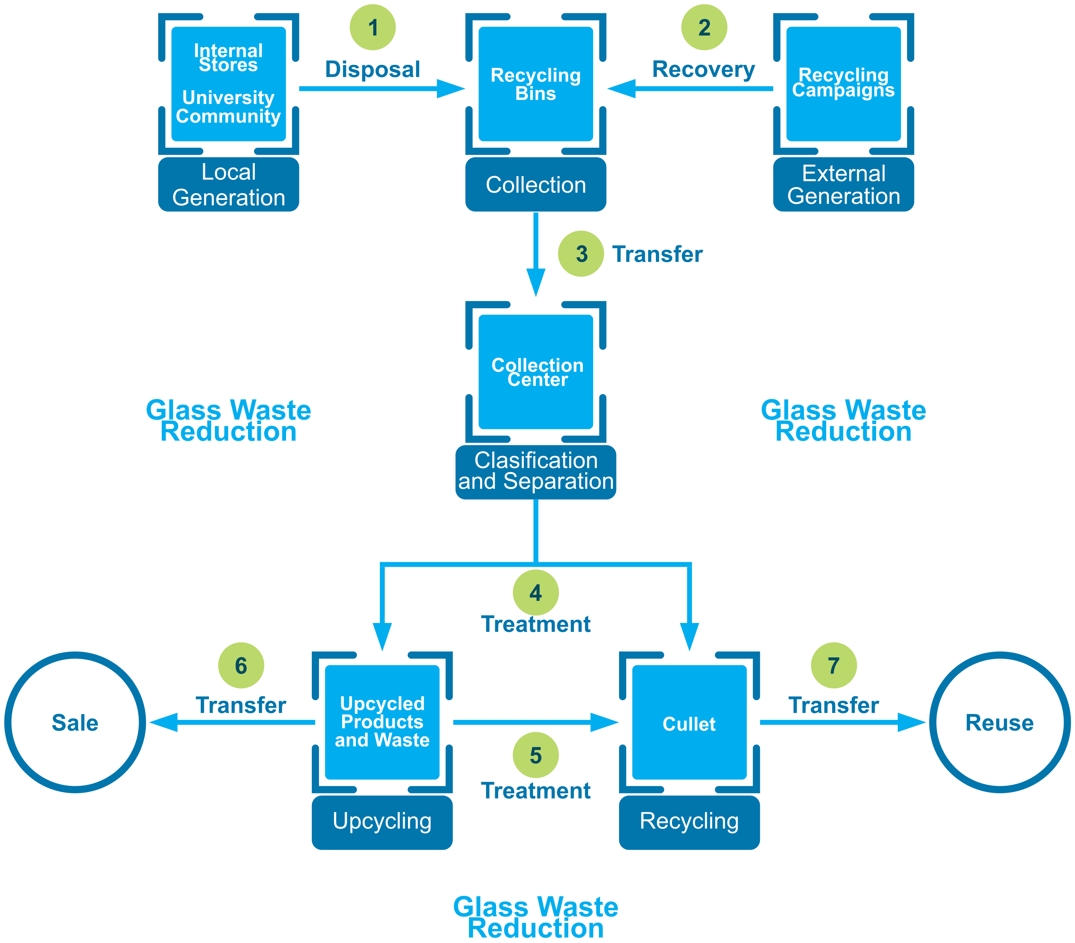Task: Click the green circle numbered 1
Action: click(x=372, y=27)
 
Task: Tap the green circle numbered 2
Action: click(x=704, y=27)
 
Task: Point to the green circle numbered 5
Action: click(x=536, y=755)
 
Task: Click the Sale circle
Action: click(x=75, y=722)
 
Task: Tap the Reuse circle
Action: click(x=999, y=722)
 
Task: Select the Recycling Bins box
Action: click(x=536, y=84)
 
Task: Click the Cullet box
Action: click(x=689, y=722)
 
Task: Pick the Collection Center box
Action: click(x=536, y=372)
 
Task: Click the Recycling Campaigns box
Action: click(x=843, y=84)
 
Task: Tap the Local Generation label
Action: click(x=228, y=185)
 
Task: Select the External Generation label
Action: click(x=843, y=185)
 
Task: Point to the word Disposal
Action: click(x=372, y=69)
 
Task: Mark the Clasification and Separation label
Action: click(x=536, y=471)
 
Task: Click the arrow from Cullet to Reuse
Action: click(x=841, y=722)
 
